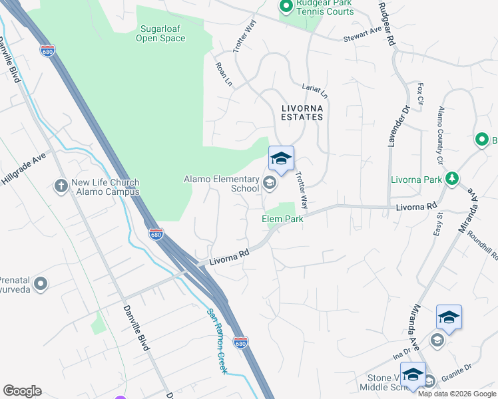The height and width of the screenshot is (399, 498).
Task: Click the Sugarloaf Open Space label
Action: click(160, 33)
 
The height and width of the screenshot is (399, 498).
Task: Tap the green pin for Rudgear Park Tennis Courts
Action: click(286, 7)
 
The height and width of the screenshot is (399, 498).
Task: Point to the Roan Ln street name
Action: click(223, 74)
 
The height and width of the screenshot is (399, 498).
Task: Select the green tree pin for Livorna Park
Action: click(452, 178)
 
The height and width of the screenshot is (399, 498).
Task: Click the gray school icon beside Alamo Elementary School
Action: click(270, 182)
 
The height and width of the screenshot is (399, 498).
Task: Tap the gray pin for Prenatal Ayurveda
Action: click(41, 284)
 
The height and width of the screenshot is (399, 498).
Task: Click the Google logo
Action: click(22, 391)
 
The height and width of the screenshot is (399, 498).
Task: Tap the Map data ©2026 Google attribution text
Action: click(456, 394)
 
